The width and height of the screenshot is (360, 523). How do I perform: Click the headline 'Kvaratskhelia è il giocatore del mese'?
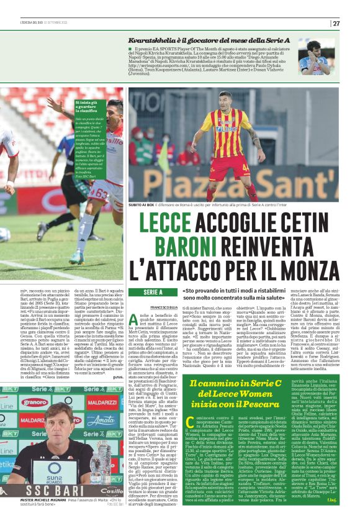click(x=188, y=40)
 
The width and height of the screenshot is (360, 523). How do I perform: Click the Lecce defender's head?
click(x=224, y=101)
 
